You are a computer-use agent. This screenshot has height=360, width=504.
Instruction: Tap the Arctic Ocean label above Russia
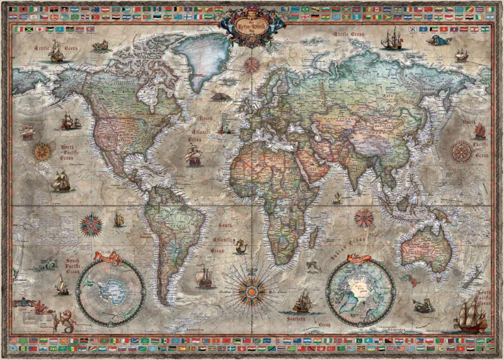[x=349, y=33]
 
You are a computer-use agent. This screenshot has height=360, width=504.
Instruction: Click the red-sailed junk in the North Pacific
[x=479, y=131]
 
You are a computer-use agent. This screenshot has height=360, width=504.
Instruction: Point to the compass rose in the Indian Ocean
[x=364, y=218]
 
